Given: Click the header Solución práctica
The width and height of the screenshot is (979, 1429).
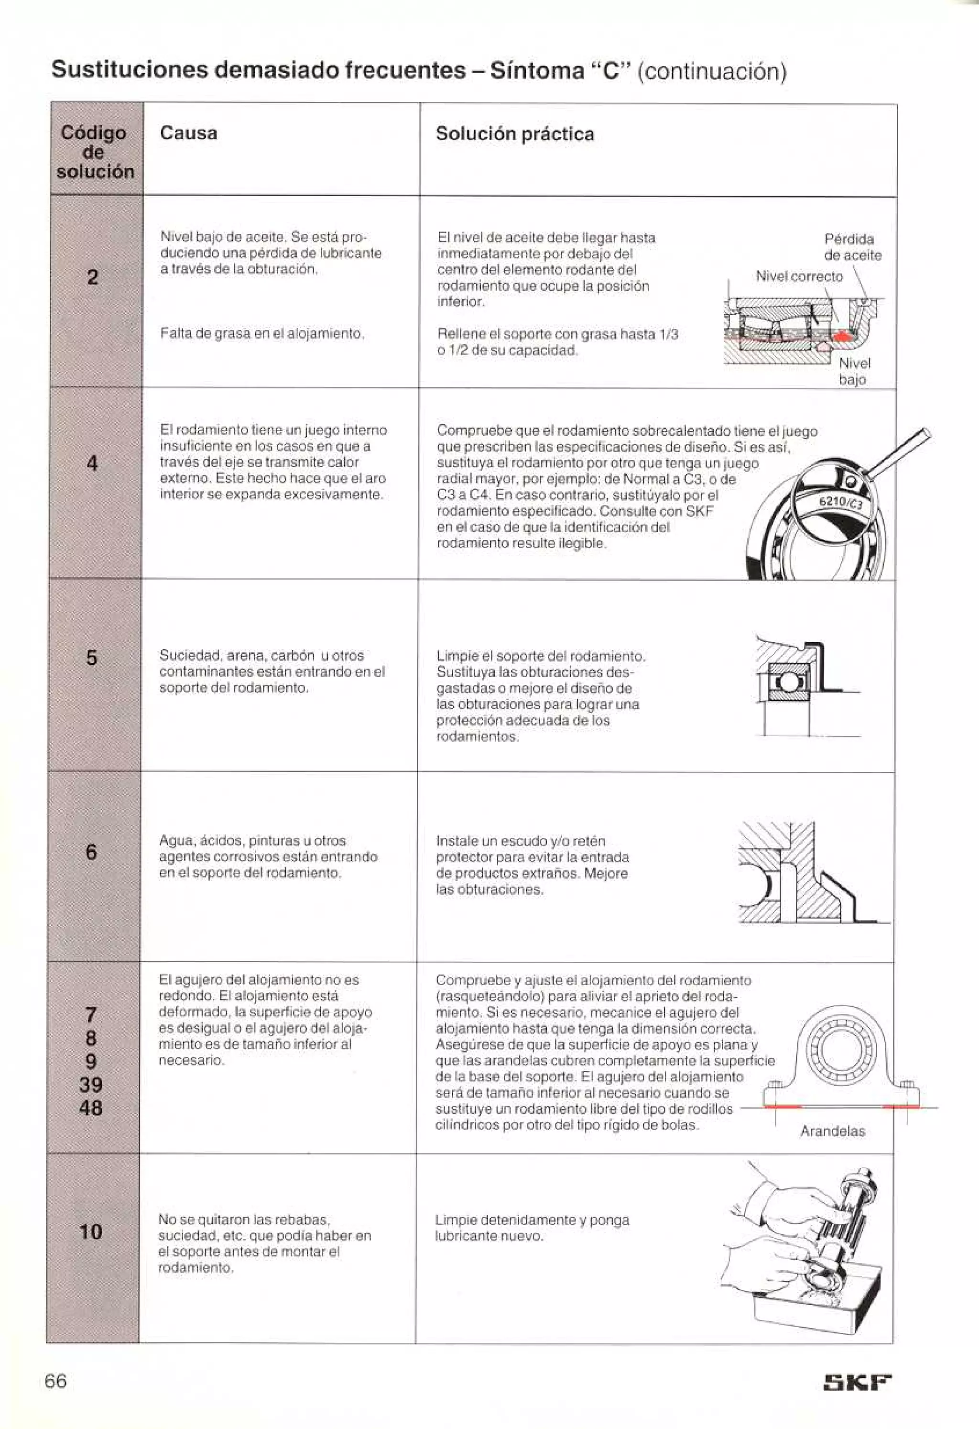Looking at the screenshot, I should (514, 134).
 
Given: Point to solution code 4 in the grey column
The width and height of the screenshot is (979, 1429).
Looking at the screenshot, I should (92, 462).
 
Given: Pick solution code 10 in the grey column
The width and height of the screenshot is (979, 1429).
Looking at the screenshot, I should (90, 1231).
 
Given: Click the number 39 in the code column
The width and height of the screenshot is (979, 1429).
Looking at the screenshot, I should (90, 1084).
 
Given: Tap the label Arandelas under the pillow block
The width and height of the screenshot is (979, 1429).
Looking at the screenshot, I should (832, 1131).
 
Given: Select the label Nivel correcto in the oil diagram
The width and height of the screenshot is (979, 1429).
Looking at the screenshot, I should (799, 277).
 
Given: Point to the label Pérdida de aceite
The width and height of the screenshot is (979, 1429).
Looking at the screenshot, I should (852, 247).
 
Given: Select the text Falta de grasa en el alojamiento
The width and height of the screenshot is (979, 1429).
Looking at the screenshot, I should (262, 333).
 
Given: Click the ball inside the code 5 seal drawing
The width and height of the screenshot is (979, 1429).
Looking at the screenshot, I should (785, 682).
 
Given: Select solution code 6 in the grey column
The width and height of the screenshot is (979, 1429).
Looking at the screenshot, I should (91, 852).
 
